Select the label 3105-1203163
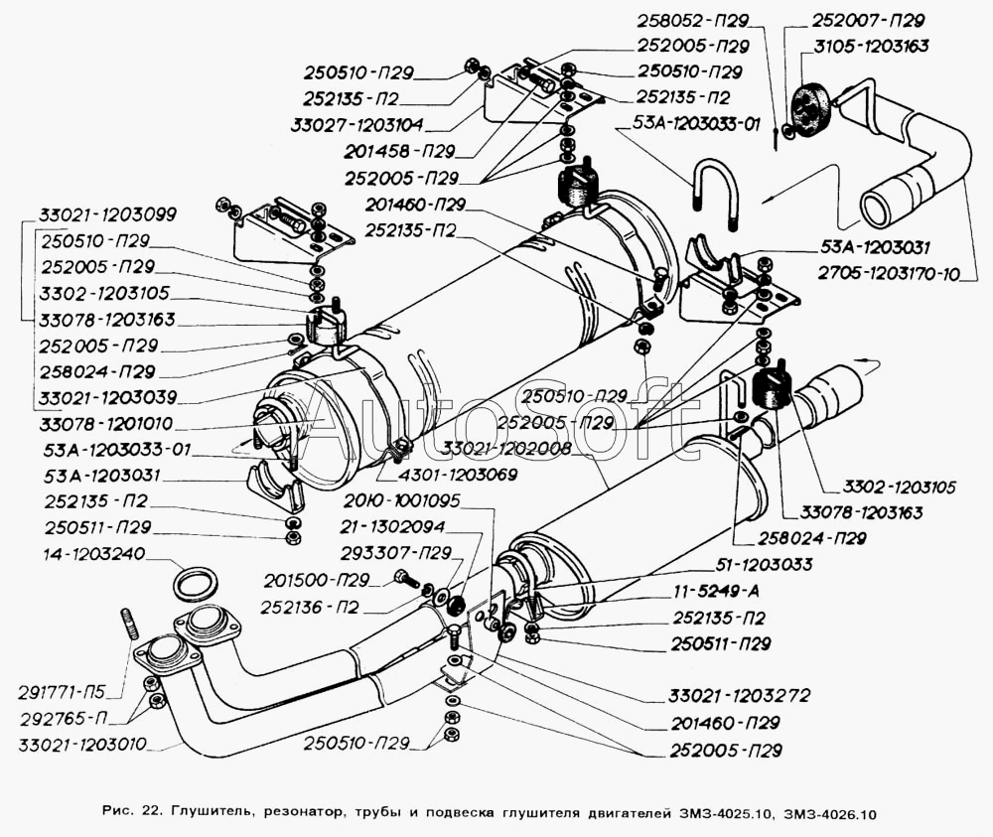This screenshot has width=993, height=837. (871, 46)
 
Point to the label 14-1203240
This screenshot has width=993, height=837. (82, 554)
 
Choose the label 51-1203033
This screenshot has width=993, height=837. (757, 565)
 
